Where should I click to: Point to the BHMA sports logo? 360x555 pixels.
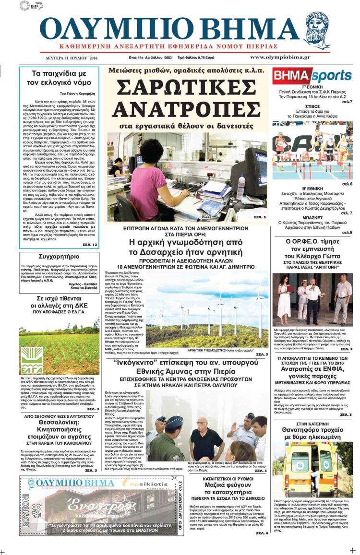point(312,76)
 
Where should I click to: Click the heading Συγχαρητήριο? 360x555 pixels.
point(59,257)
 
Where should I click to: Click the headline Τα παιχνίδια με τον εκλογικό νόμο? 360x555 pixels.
point(59,79)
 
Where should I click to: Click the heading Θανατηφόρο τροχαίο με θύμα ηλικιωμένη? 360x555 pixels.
point(312,431)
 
